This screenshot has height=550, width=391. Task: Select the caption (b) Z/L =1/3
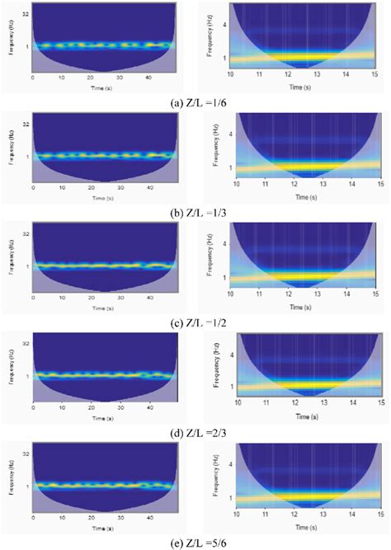click(x=195, y=207)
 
